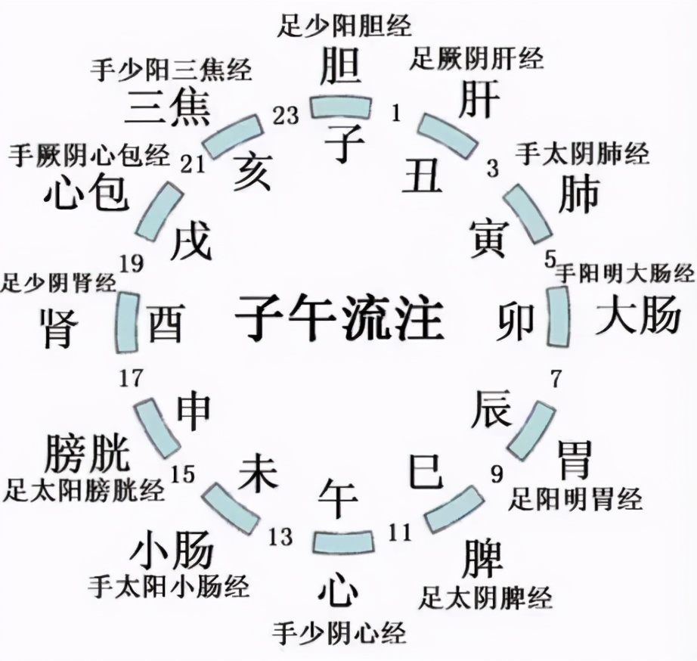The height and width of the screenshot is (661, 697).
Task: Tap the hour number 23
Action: click(x=286, y=115)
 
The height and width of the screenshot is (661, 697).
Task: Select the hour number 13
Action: click(x=280, y=537)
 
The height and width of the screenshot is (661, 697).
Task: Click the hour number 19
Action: click(x=132, y=263)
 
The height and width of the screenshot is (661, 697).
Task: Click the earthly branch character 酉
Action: click(x=166, y=322)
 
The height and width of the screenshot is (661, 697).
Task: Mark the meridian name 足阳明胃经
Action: click(x=575, y=498)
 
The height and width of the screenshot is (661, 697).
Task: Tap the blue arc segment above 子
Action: click(x=342, y=107)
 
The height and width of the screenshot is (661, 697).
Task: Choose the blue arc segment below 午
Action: click(x=343, y=541)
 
